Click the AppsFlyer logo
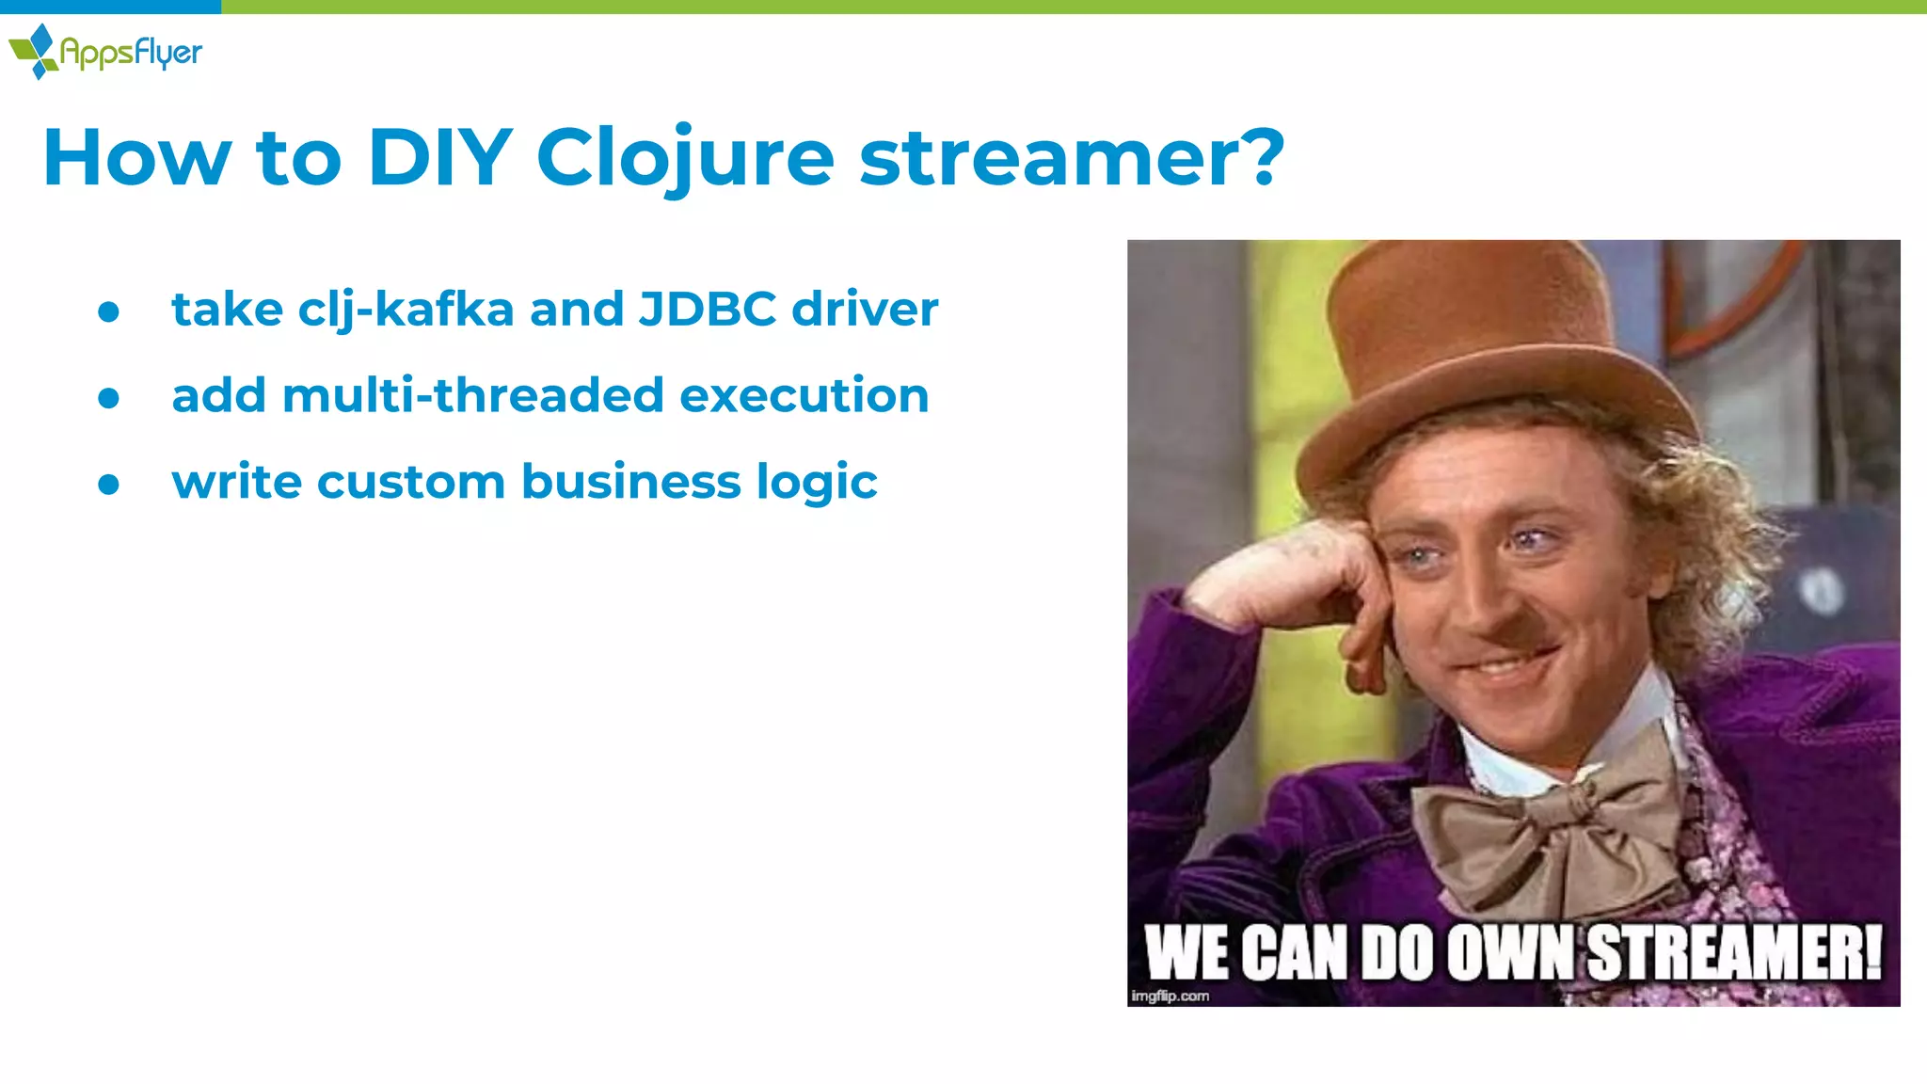(105, 52)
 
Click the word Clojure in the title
(684, 157)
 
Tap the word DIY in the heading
(439, 157)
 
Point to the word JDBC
(707, 309)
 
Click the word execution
(804, 395)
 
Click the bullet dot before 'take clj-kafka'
(109, 311)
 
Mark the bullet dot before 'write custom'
(109, 485)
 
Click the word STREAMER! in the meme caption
(1736, 953)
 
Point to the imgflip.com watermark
(1170, 996)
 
